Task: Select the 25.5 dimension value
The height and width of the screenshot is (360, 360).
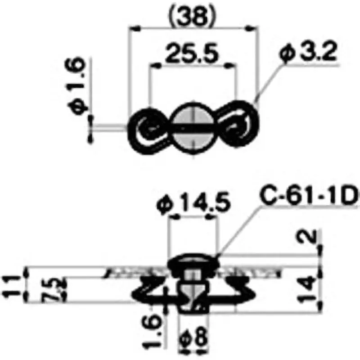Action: pos(192,54)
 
